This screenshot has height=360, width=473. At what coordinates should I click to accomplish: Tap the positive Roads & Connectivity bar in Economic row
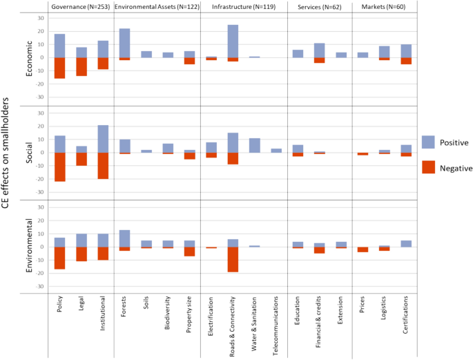[233, 41]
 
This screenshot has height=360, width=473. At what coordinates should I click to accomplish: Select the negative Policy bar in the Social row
[60, 167]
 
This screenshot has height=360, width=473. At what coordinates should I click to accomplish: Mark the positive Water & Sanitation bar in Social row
[254, 145]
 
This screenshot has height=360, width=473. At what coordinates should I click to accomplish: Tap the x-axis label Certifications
[406, 321]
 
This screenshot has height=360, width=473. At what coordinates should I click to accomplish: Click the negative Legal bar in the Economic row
[81, 66]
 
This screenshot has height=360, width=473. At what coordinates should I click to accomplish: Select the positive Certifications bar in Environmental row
[406, 243]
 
